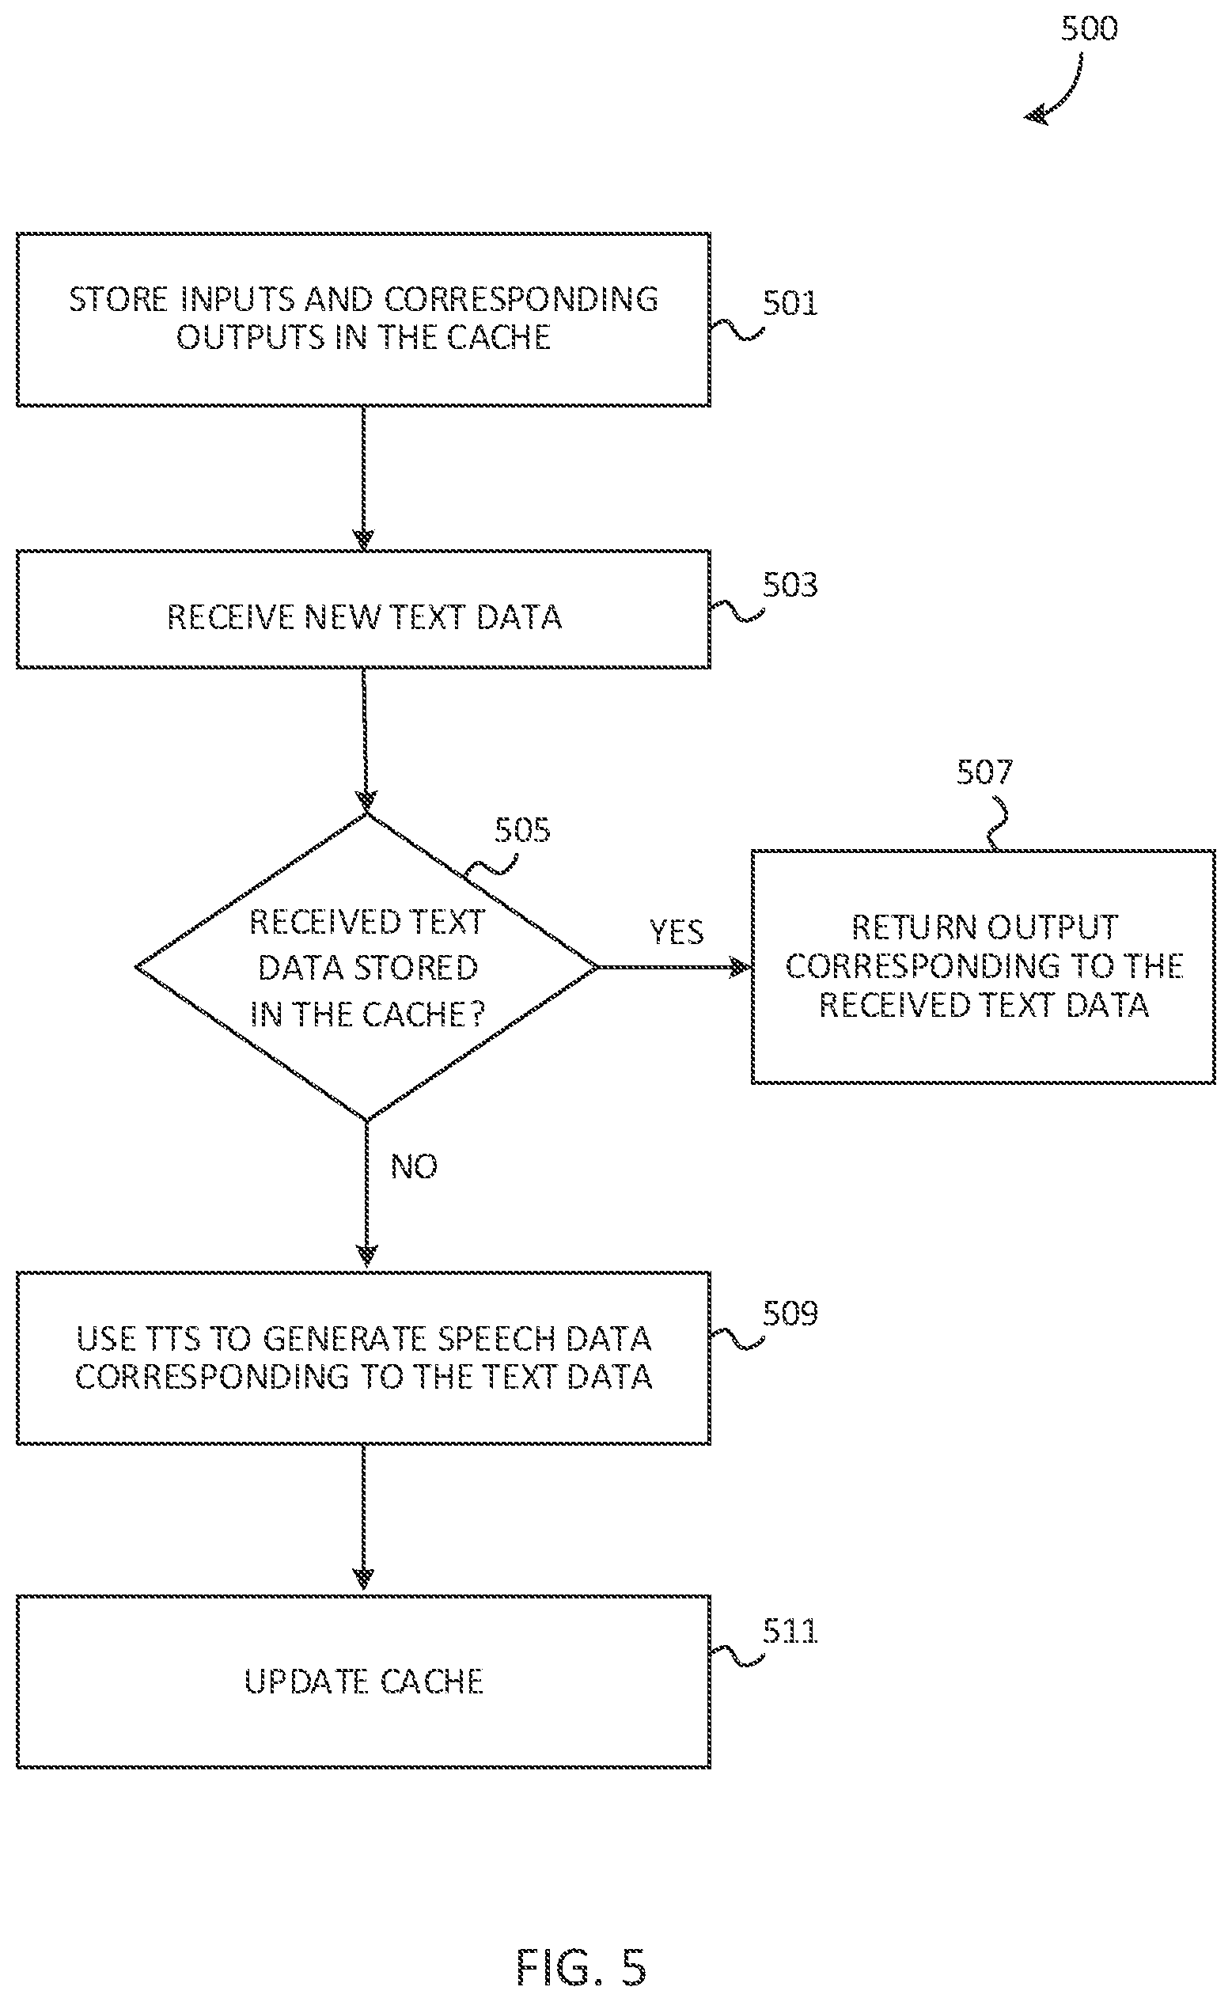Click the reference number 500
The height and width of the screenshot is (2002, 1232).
pos(1089,28)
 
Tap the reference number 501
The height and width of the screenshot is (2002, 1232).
pos(790,303)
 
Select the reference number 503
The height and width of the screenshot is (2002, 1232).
pos(790,585)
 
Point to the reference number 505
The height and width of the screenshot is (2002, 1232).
pos(521,830)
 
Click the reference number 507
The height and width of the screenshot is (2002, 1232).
pos(984,772)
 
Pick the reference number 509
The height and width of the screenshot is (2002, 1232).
pos(790,1314)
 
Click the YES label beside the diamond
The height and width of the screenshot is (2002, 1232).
pos(677,932)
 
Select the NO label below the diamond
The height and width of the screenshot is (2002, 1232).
pos(414,1167)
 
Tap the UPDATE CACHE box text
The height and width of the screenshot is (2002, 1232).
pos(363,1682)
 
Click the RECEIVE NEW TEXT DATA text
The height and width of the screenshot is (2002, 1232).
pos(364,616)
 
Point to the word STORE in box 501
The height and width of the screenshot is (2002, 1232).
pos(118,299)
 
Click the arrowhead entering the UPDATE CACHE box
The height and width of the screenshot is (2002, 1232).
pos(364,1579)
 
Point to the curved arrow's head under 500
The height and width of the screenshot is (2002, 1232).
pos(1036,115)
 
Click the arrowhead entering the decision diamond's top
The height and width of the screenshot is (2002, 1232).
pos(366,800)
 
